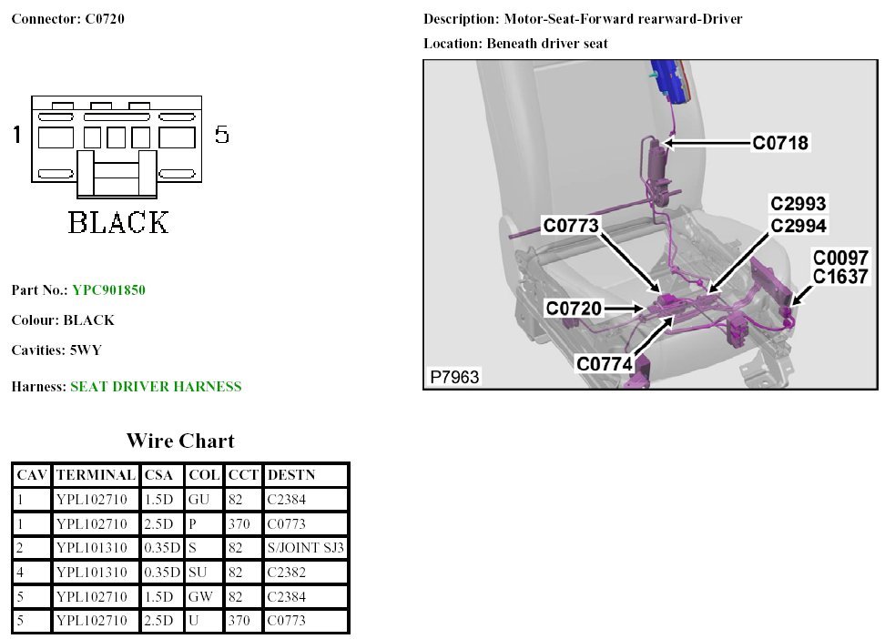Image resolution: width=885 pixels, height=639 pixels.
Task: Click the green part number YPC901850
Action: point(108,290)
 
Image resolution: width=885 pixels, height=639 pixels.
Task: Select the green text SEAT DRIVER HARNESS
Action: point(156,387)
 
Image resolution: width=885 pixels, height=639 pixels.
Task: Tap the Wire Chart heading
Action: point(180,441)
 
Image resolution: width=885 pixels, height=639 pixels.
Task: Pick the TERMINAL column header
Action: point(96,475)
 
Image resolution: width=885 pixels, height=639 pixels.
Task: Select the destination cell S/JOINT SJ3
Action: point(305,548)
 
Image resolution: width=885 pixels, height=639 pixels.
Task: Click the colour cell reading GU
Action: point(198,500)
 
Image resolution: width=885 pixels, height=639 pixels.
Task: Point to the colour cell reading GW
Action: point(200,597)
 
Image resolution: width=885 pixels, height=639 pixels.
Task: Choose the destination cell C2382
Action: point(286,573)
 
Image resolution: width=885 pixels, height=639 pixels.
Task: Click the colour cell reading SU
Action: point(198,573)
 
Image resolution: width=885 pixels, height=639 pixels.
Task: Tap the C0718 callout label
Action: point(779,142)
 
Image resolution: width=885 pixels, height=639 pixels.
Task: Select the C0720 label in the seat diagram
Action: point(574,309)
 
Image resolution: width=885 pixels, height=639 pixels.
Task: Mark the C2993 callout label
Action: point(799,204)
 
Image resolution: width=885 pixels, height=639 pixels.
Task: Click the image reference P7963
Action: point(454,377)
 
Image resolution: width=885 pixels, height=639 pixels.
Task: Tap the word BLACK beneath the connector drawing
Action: point(118,223)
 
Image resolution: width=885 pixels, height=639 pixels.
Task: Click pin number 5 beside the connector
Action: point(221,136)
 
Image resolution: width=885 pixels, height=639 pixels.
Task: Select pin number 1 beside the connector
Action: point(16,136)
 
